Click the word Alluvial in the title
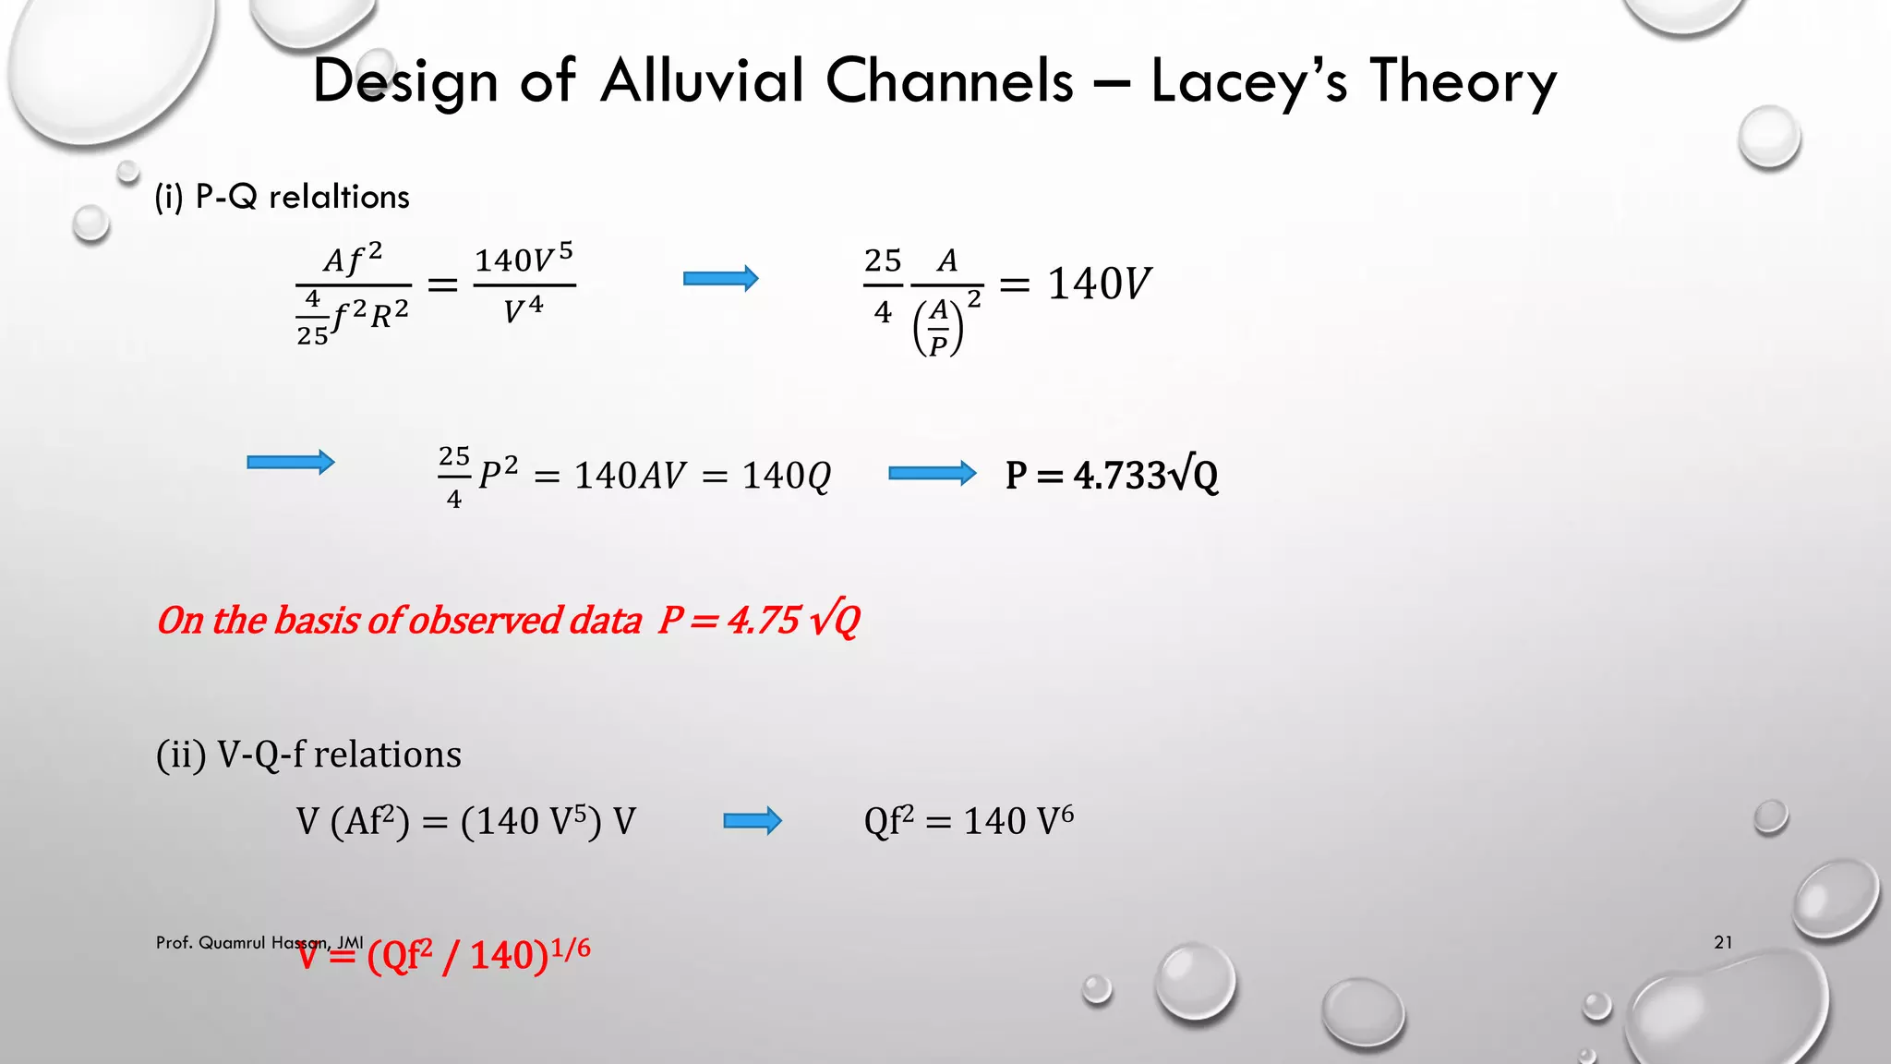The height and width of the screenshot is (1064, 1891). [702, 81]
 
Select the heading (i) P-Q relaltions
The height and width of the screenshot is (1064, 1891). [282, 197]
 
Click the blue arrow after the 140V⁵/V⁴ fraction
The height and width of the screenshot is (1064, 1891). [720, 279]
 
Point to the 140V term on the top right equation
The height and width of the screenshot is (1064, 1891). [1099, 284]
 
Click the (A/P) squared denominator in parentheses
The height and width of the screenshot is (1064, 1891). [939, 328]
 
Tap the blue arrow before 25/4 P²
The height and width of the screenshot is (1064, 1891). [290, 462]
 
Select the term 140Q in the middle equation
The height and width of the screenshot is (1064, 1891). [786, 476]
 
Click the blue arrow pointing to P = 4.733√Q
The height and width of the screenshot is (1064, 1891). [931, 474]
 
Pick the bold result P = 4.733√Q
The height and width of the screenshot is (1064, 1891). [1112, 475]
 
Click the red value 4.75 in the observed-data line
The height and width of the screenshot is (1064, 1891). [764, 620]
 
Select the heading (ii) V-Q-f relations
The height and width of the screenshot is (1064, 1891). [308, 755]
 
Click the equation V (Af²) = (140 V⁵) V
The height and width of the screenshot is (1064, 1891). [466, 821]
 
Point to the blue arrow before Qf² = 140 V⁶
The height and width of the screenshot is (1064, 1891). [752, 821]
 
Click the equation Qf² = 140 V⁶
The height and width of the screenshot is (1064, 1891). [969, 820]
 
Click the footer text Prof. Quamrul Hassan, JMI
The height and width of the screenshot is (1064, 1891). [259, 942]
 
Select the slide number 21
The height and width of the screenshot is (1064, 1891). [1723, 942]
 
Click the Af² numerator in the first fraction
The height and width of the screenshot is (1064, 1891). [353, 260]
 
